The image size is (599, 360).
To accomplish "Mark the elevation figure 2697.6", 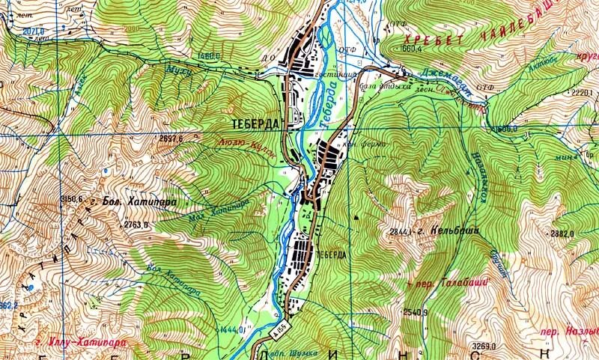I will [171, 138].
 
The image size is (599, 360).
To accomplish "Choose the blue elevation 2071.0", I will [12, 32].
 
